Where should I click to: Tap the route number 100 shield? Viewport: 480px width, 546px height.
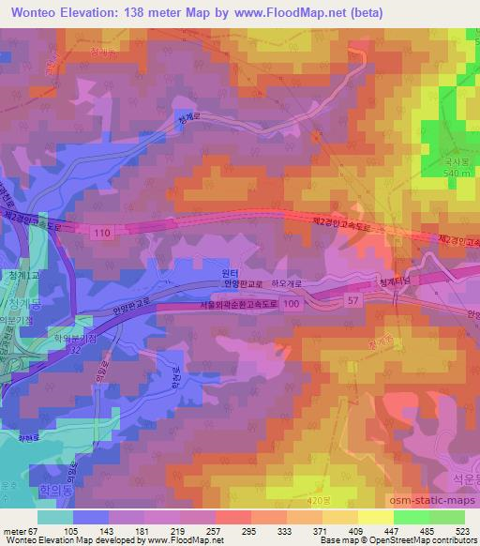[x=292, y=305]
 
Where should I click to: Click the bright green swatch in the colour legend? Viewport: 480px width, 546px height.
[x=411, y=516]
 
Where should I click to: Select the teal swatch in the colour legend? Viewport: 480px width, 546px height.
[x=55, y=516]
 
